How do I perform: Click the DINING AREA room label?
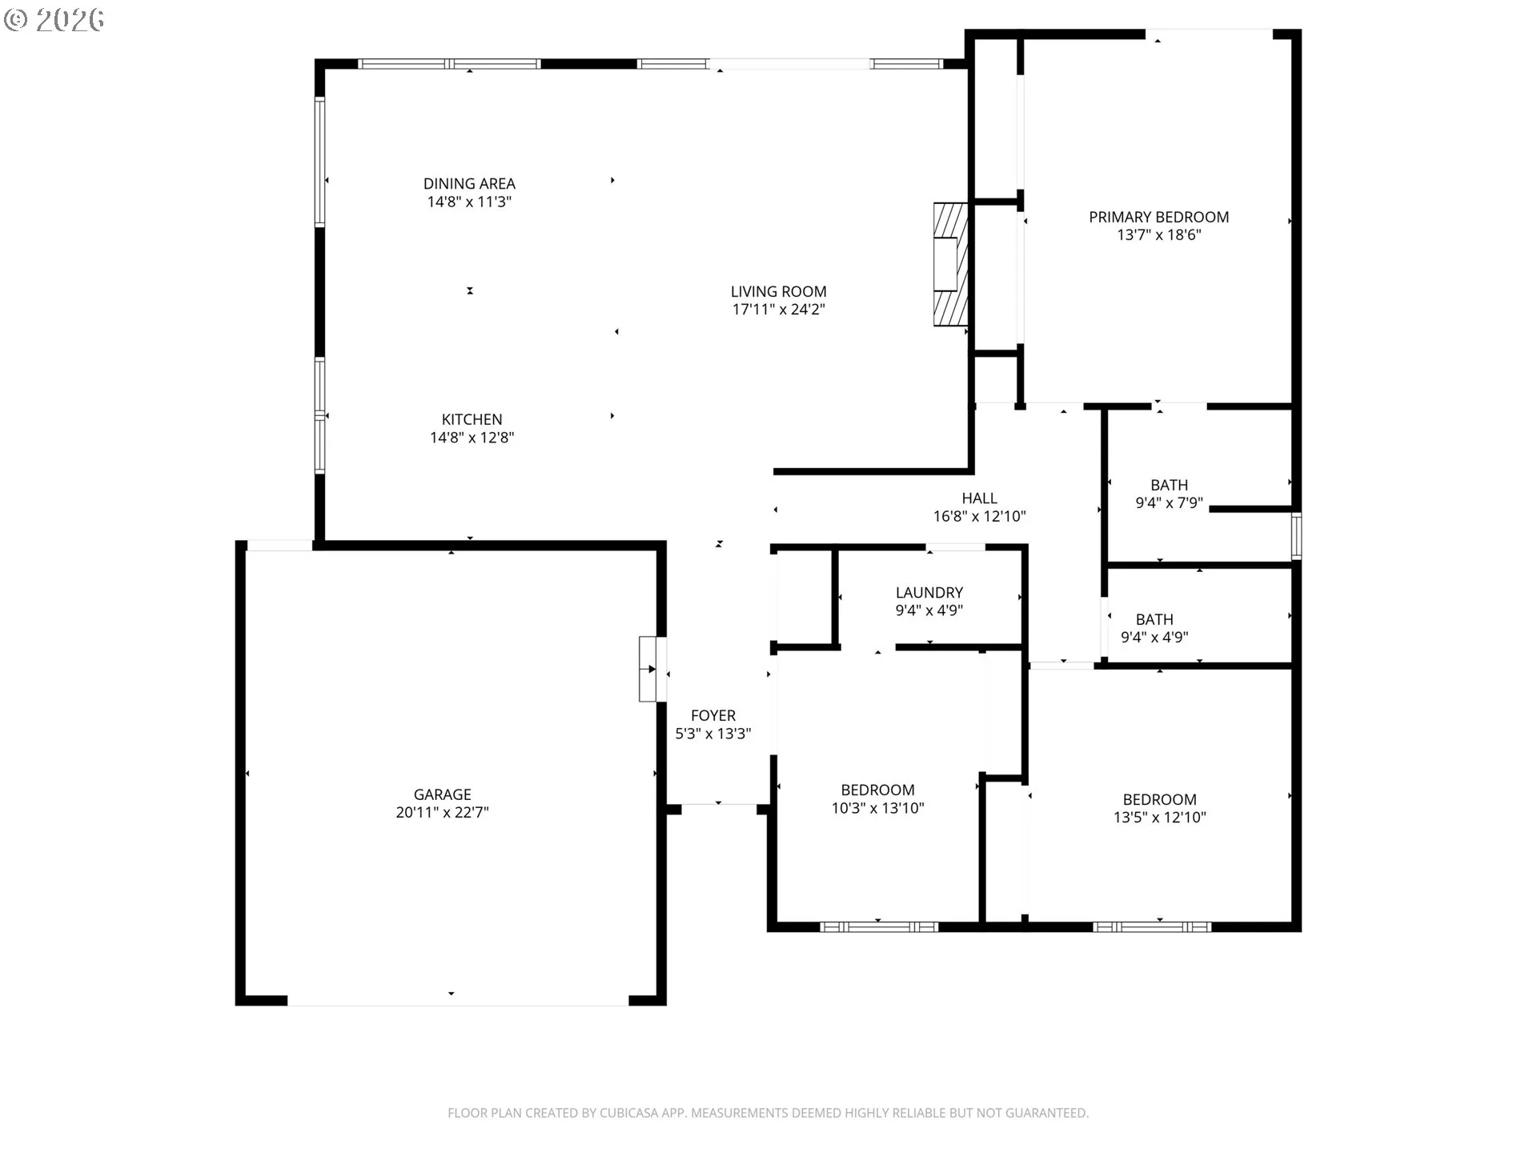pos(469,184)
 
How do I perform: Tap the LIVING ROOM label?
pos(779,292)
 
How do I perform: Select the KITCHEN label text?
pos(472,419)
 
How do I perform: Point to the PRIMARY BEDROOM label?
pos(1159,217)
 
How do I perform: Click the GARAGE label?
pos(443,794)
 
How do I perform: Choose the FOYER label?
pos(713,716)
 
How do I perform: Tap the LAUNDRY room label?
pos(929,593)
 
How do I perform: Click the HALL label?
pos(980,498)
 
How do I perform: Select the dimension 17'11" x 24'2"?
pos(779,310)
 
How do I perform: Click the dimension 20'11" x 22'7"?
pos(443,812)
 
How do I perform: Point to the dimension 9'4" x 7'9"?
pos(1170,503)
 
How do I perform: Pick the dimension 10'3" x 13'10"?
pos(878,808)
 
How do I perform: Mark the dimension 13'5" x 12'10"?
pos(1160,817)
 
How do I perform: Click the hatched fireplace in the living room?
pos(950,265)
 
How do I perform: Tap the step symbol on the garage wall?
pos(652,669)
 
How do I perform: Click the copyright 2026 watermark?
pos(54,19)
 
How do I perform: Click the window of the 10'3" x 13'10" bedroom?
pos(879,927)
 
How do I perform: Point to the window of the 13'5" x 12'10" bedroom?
pos(1152,927)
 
